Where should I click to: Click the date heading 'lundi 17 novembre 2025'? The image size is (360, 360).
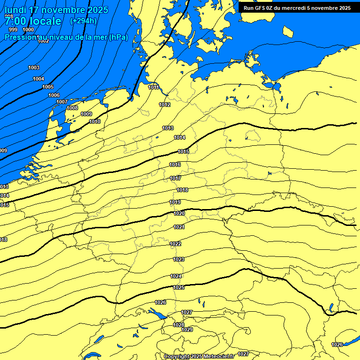(x=56, y=10)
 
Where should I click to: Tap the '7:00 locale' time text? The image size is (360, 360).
(x=33, y=21)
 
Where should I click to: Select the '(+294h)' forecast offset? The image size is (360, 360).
(x=83, y=21)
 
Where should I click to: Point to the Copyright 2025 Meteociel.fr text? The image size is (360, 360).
(x=199, y=356)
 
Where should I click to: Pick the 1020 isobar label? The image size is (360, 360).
(x=179, y=213)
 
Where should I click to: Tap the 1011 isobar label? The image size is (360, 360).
(x=153, y=87)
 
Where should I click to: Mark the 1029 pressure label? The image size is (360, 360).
(x=187, y=330)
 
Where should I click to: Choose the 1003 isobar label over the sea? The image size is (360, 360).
(x=34, y=68)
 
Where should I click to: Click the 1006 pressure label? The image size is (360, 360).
(x=54, y=95)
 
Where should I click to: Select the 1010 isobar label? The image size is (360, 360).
(x=95, y=121)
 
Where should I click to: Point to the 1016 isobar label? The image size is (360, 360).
(x=175, y=165)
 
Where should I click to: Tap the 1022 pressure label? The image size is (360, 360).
(x=175, y=244)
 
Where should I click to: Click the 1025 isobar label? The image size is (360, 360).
(x=179, y=287)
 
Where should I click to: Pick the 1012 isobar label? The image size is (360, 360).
(x=165, y=105)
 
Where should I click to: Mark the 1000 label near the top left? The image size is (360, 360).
(x=28, y=30)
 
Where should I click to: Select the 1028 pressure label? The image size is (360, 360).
(x=179, y=325)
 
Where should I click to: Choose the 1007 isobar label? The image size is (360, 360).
(x=62, y=102)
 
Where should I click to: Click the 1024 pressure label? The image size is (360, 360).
(x=176, y=276)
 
